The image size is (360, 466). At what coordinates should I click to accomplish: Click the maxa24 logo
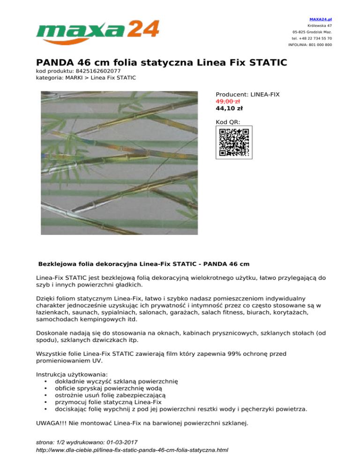point(97,30)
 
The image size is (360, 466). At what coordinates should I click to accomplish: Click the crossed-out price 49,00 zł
point(228,101)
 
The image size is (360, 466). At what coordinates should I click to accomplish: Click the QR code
point(234,142)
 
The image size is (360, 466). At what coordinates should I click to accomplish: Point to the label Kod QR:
point(228,122)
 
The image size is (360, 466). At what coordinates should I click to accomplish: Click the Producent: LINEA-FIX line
point(247,94)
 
